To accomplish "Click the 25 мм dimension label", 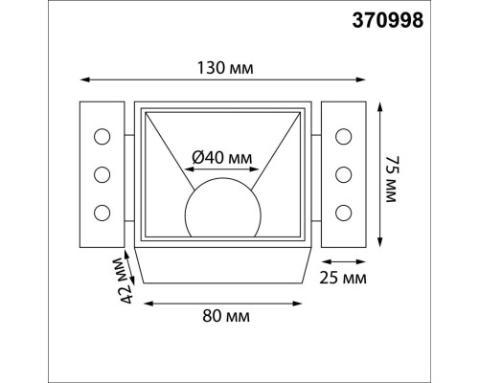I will coord(342,278).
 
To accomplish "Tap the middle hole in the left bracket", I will coord(101,174).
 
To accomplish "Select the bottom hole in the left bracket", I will coord(101,211).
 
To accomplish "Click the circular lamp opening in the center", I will coord(221,207).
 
